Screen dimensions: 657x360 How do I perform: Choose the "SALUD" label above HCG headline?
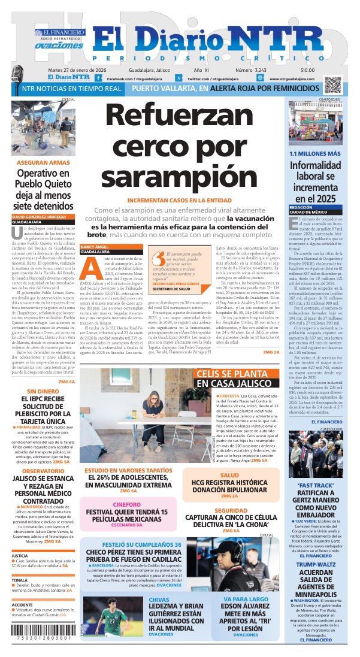point(229,475)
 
